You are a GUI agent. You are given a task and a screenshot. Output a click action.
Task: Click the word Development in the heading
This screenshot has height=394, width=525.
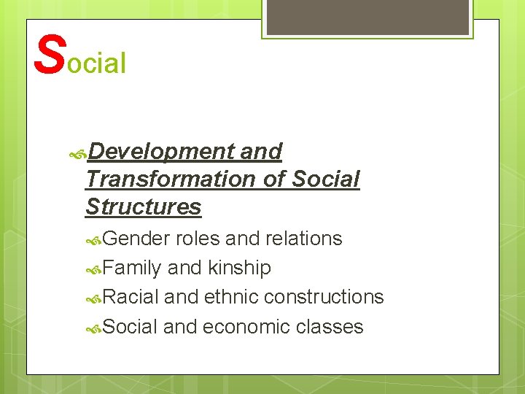pos(160,152)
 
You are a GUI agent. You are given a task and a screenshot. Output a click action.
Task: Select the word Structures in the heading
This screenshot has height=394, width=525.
pos(143,206)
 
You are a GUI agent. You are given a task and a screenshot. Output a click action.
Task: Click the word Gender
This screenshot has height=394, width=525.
pos(136,239)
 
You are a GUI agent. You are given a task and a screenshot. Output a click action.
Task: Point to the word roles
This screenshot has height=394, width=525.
pos(198,239)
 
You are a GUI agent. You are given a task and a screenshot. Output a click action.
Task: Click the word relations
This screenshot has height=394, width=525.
pos(304,239)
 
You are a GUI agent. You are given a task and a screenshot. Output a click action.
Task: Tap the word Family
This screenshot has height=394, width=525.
pos(132,268)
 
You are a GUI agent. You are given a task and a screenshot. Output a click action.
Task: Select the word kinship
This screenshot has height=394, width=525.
pos(239,268)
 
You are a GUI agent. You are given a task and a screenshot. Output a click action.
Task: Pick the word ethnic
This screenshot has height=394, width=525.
pos(231,297)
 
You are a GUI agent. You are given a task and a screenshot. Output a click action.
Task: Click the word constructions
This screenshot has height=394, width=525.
pos(324,297)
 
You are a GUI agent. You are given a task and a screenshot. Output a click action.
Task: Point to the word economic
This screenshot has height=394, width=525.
pos(246,326)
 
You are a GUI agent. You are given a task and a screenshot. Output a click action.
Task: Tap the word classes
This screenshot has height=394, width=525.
pos(330,326)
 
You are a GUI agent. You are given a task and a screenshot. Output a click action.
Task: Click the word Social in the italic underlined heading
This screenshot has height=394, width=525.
pos(324,179)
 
